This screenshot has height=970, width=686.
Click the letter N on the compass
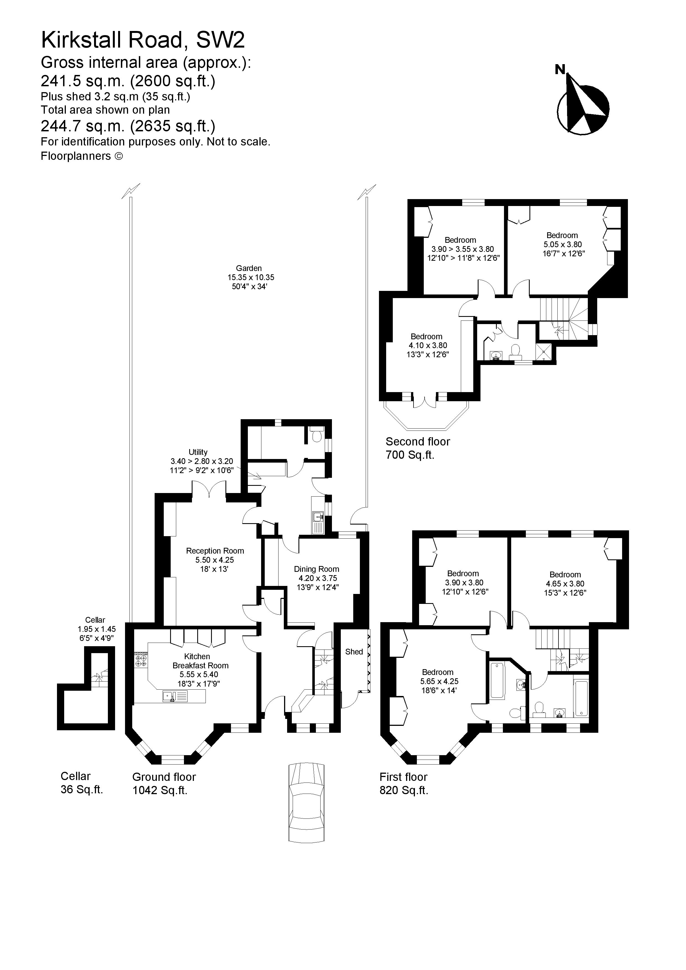pyautogui.click(x=560, y=69)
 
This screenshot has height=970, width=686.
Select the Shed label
pyautogui.click(x=354, y=652)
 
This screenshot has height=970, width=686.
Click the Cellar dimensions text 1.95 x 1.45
pyautogui.click(x=96, y=629)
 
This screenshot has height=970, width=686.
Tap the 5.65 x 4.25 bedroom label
pyautogui.click(x=439, y=681)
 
